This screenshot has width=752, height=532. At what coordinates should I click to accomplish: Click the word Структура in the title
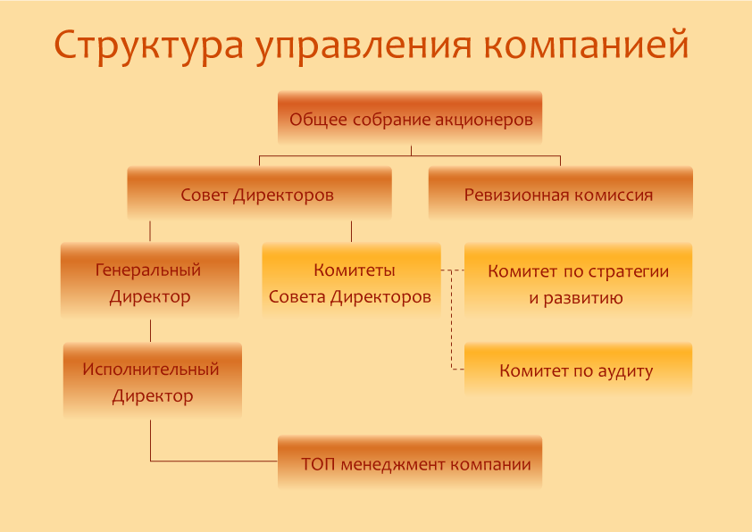(148, 46)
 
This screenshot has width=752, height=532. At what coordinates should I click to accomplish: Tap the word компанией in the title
(586, 46)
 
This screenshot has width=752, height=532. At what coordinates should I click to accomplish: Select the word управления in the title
(363, 46)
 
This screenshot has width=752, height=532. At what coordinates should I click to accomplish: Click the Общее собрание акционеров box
(410, 118)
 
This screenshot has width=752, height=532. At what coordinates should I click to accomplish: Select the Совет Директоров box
(260, 193)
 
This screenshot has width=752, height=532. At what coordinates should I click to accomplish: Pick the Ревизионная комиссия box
(561, 193)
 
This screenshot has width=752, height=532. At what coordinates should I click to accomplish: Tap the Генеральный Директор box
(150, 280)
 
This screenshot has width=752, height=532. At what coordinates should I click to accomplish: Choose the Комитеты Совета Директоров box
(352, 280)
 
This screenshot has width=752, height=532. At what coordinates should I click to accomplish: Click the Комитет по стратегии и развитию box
(579, 280)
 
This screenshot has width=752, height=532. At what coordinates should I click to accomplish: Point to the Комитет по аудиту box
(579, 369)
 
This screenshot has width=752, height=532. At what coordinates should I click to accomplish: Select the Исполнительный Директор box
(153, 380)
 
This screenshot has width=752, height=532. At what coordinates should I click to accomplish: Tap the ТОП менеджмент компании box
(410, 462)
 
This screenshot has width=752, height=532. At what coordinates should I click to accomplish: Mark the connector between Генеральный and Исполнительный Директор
(151, 330)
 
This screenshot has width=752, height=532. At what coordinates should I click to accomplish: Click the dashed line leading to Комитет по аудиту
(451, 320)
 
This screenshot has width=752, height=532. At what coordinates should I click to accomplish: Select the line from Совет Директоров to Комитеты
(352, 231)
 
